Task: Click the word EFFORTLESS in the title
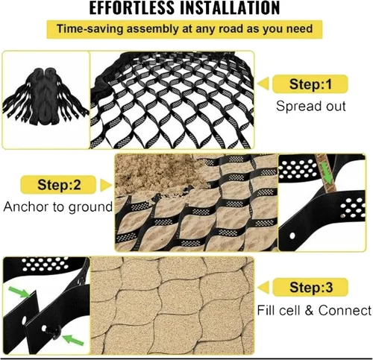132,8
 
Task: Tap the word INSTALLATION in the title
230,8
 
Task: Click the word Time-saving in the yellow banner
90,29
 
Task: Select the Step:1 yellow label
310,84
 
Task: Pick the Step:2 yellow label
58,185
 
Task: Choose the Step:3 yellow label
310,287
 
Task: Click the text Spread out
311,106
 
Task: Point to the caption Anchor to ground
58,207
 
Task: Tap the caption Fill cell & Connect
314,310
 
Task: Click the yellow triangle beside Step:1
263,83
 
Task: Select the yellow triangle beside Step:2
105,185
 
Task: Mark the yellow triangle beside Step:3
264,287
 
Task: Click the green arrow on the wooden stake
327,173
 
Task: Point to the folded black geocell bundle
46,97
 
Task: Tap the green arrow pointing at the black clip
72,340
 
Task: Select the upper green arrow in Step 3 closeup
19,292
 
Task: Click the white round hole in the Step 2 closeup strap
292,236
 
